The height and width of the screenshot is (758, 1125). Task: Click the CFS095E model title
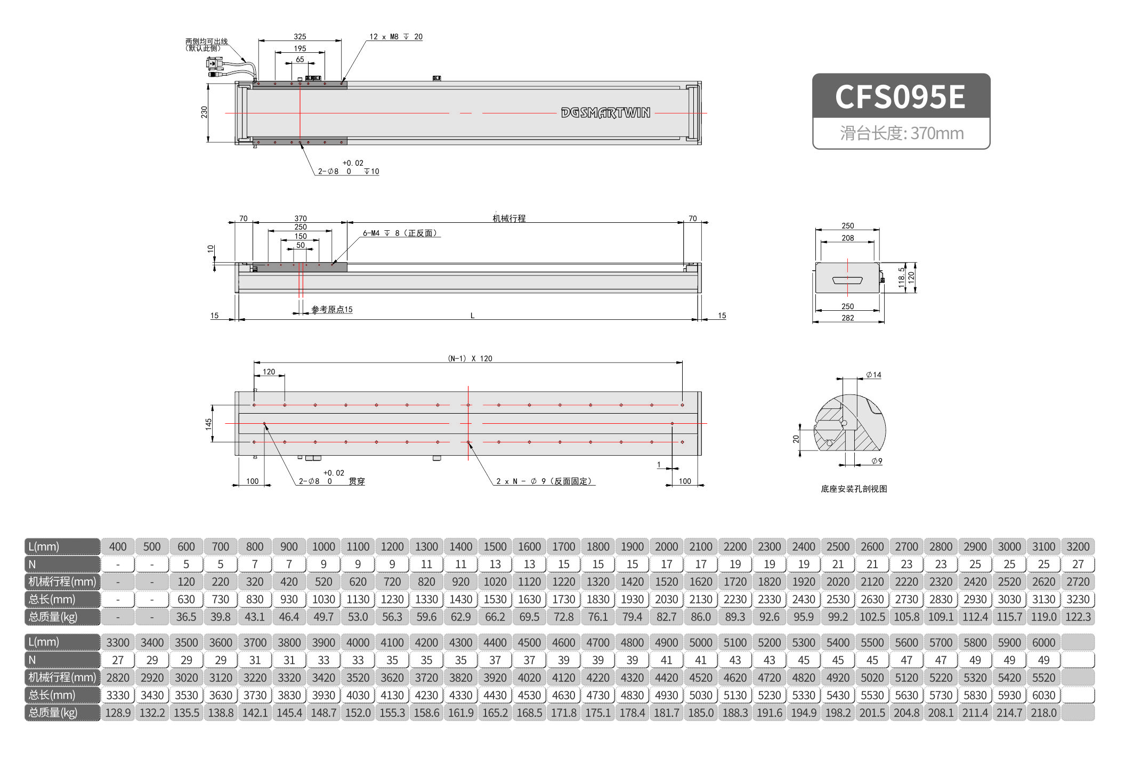[900, 97]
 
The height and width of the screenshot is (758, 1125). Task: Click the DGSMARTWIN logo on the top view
[605, 112]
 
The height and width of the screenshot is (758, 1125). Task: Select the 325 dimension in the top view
[300, 36]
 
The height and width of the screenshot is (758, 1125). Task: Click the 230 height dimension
[204, 112]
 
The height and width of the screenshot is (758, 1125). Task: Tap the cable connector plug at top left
[214, 64]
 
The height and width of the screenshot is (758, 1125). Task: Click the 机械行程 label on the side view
[509, 218]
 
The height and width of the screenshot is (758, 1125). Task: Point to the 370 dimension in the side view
[301, 218]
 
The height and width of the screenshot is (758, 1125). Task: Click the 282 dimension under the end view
[847, 318]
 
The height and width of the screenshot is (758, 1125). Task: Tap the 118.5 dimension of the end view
[901, 277]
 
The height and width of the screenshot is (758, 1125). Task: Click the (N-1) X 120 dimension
[470, 358]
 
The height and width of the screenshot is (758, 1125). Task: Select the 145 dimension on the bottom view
[208, 423]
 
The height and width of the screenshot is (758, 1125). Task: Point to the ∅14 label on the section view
[873, 375]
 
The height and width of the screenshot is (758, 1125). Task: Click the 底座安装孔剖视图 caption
[854, 489]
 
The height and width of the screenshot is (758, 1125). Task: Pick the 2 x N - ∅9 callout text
[544, 481]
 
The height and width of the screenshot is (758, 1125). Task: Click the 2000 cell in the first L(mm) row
[666, 546]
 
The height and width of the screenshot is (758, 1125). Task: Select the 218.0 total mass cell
[1043, 713]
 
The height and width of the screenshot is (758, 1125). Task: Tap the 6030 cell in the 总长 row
[1043, 695]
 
